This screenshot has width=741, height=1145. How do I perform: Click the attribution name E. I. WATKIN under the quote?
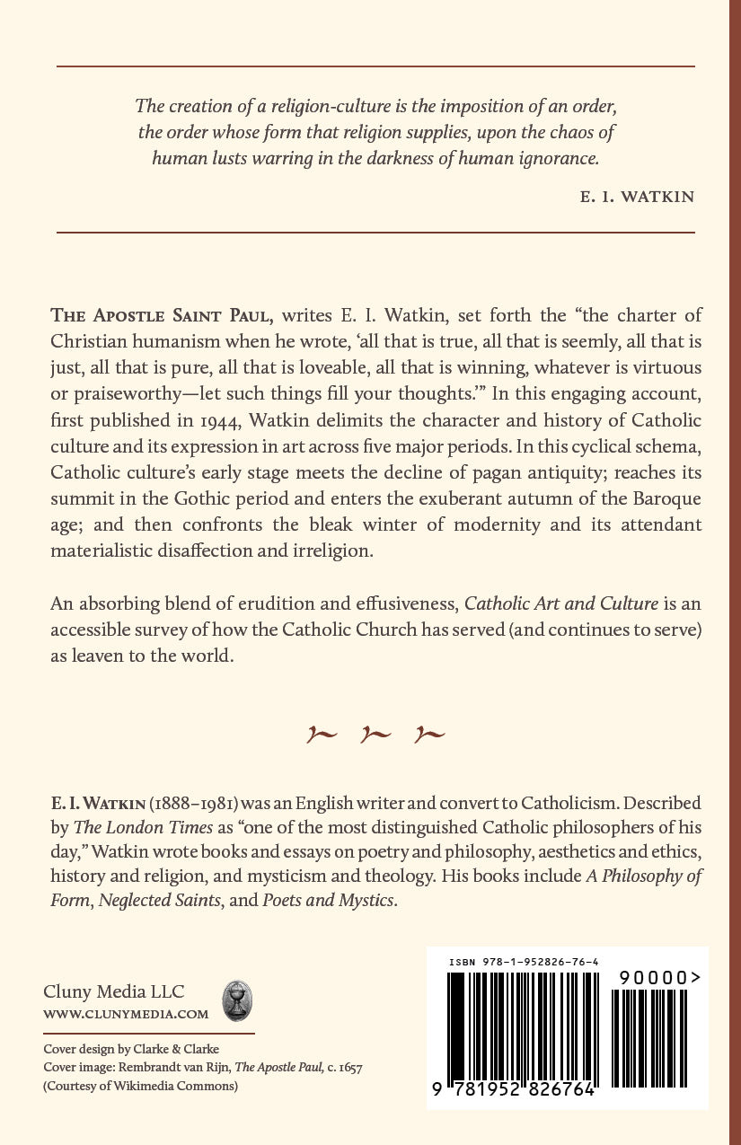coord(638,197)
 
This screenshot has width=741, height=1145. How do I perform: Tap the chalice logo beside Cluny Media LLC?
coord(237,1000)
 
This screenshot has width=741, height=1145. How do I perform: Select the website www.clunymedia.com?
coord(126,1014)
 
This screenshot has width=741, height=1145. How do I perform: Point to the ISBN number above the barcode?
coord(524,963)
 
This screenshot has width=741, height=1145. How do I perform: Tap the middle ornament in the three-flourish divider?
coord(375,735)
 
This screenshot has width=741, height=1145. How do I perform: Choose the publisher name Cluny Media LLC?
coord(114,991)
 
